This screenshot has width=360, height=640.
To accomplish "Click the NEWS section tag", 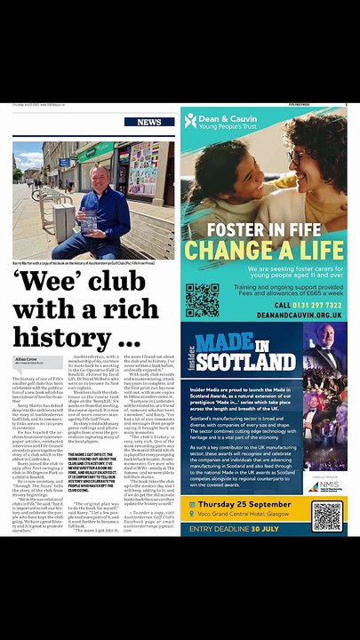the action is (x=149, y=122).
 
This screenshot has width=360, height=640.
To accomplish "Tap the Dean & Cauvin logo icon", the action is (x=190, y=120).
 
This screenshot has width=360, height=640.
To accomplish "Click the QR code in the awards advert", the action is (x=327, y=516).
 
